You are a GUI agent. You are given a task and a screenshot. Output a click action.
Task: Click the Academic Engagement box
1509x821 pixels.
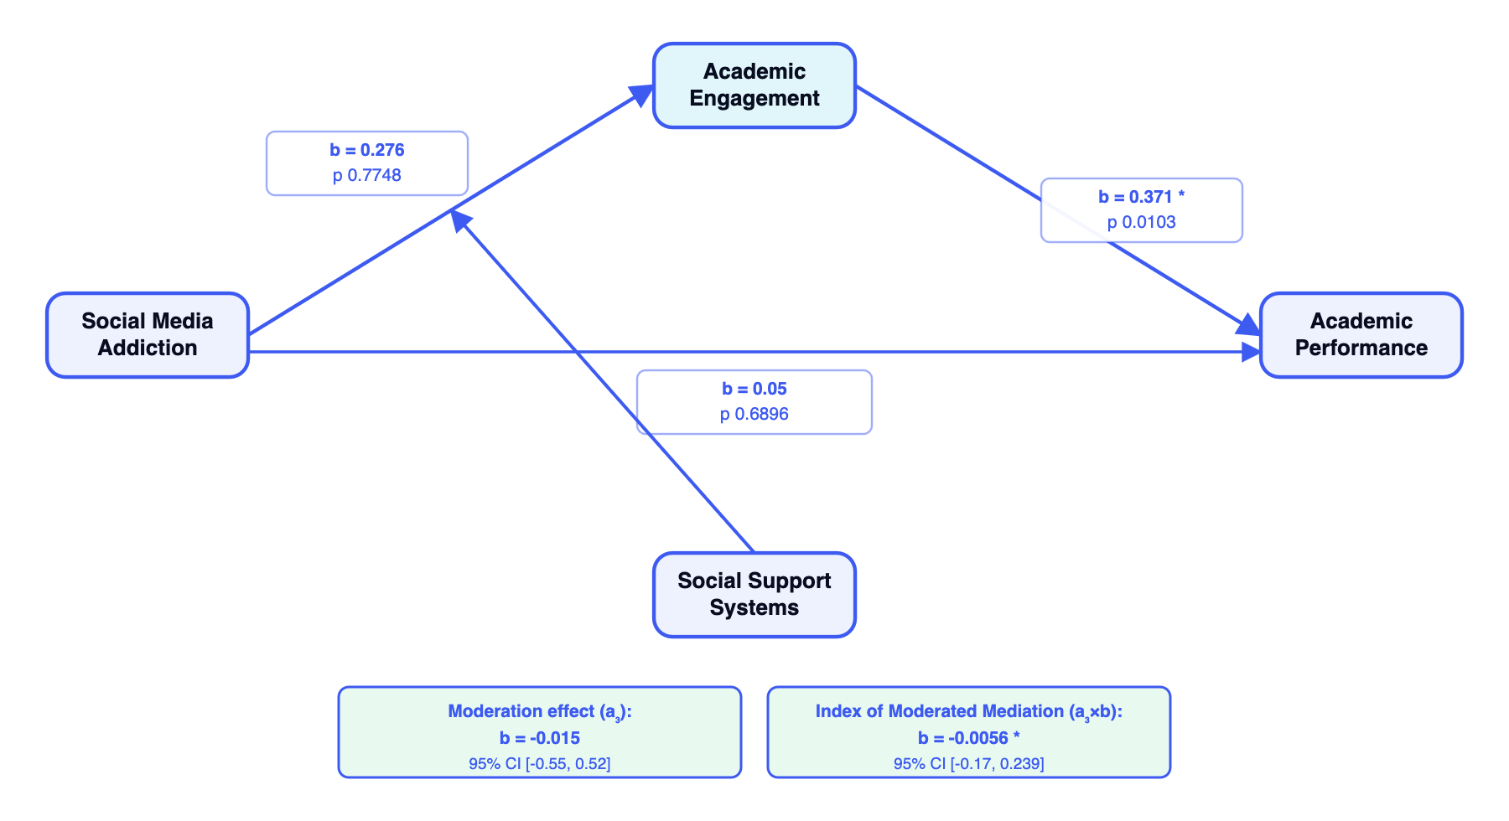coord(754,85)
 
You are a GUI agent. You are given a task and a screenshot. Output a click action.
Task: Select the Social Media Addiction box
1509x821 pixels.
coord(148,335)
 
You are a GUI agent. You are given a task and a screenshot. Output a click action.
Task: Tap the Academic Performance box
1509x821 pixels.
coord(1361,335)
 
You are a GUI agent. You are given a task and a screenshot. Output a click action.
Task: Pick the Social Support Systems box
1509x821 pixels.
coord(754,595)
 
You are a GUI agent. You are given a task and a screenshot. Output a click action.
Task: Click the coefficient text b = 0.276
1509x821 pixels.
coord(367,150)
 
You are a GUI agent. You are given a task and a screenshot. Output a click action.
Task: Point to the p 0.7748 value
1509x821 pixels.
coord(367,175)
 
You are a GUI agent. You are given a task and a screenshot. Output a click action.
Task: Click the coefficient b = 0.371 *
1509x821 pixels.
coord(1141,197)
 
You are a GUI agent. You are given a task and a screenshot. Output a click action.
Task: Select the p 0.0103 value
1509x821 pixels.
coord(1141,222)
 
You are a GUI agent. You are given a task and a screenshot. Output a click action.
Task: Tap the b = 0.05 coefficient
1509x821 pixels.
coord(754,389)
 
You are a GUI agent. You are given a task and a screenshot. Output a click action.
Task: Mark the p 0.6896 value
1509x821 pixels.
coord(754,414)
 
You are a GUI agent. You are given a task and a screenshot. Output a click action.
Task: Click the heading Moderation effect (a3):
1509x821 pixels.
coord(540,711)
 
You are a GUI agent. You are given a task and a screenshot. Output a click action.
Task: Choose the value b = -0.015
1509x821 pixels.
coord(540,738)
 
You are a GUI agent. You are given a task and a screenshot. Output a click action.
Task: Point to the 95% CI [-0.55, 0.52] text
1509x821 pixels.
coord(540,763)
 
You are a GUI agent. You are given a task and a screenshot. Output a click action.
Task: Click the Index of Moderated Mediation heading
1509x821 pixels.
coord(968,711)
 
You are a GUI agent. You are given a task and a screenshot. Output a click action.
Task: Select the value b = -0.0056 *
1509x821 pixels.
coord(968,738)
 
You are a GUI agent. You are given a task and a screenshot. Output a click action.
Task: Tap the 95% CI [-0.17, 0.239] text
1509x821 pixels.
coord(968,763)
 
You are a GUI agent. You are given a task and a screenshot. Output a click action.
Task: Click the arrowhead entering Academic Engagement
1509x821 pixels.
coord(643,93)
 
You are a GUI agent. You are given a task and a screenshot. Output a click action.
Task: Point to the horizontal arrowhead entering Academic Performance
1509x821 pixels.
coord(1251,352)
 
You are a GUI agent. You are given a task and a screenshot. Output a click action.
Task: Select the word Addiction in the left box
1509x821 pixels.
coord(148,348)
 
